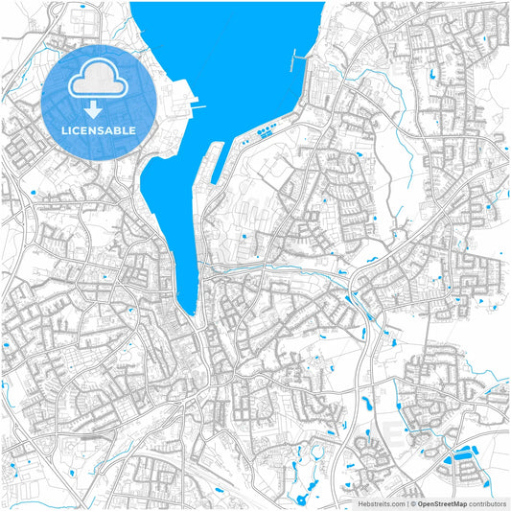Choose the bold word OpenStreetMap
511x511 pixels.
441,502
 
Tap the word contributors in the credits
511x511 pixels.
486,502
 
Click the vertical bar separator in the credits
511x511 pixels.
405,502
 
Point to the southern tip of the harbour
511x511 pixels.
191,311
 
